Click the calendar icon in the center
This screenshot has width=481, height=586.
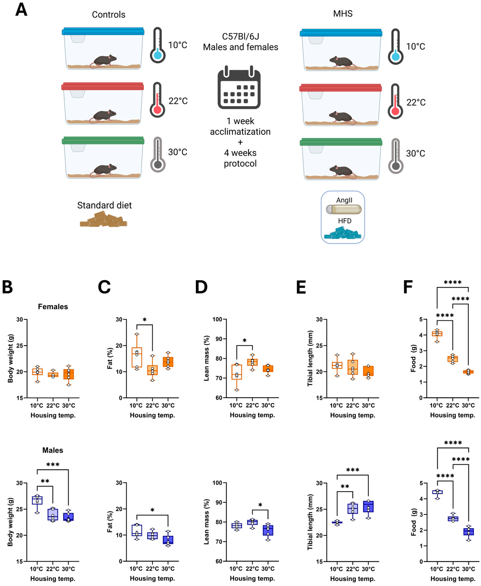click(239, 87)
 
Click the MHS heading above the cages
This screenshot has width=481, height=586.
click(343, 14)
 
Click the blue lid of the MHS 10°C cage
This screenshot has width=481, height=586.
click(341, 33)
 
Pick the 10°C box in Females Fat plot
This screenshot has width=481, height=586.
click(137, 357)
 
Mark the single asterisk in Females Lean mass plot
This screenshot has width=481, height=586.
click(244, 340)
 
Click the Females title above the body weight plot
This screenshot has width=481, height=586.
click(53, 307)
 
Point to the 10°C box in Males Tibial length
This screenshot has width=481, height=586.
click(337, 522)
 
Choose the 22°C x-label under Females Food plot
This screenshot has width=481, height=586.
click(453, 405)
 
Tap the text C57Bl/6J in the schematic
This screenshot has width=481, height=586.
click(241, 37)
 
